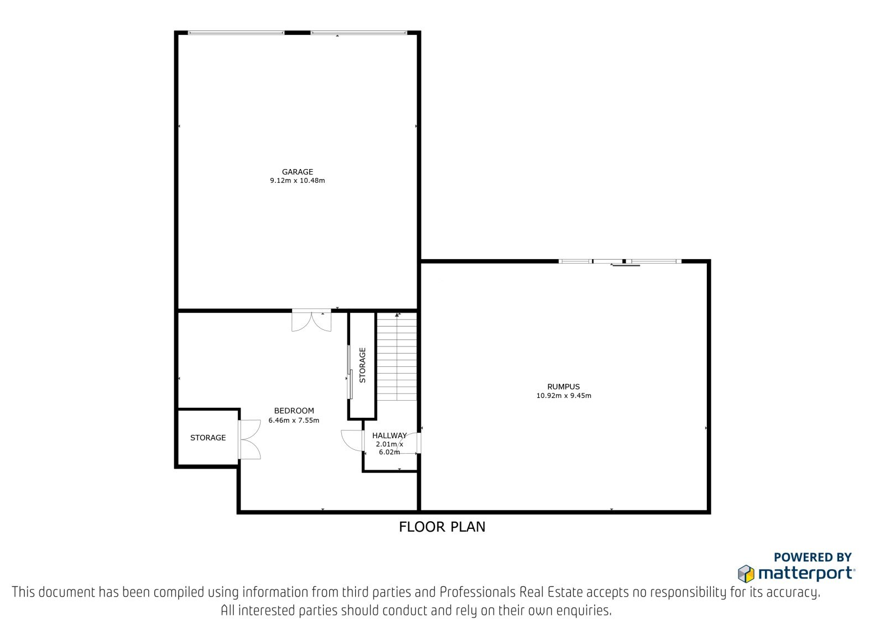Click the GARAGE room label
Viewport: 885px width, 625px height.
298,172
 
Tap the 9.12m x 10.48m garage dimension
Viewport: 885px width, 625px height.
298,181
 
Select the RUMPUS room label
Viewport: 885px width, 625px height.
564,386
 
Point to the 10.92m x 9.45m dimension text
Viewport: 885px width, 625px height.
564,395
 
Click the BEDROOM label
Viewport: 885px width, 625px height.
294,411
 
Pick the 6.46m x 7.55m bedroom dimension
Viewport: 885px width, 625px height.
294,420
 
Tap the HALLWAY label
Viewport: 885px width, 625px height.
389,435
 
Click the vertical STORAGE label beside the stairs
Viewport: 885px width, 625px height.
362,365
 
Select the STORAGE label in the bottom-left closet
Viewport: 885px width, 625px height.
208,438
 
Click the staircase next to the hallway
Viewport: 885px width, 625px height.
397,356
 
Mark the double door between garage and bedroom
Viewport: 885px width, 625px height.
311,321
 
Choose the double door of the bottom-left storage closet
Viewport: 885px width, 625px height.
249,439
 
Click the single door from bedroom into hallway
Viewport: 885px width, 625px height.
352,440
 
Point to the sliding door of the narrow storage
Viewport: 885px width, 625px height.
350,372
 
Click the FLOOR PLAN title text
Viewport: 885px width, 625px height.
442,527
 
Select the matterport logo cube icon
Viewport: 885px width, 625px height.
746,574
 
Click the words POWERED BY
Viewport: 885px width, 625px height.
813,557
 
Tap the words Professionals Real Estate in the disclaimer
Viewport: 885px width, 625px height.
511,592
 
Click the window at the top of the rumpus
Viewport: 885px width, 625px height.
620,261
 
